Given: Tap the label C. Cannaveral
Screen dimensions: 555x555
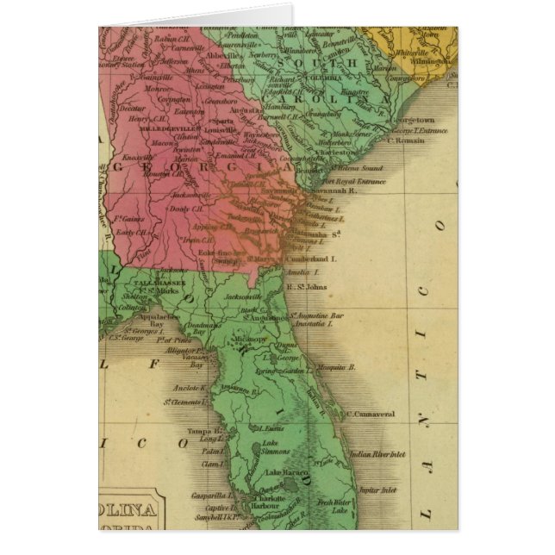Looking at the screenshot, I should click(371, 414).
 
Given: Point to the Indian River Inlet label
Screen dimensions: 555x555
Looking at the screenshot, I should click(377, 453).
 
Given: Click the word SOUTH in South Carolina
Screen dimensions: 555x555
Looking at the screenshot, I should click(342, 64).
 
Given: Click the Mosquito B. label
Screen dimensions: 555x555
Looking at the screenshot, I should click(338, 366).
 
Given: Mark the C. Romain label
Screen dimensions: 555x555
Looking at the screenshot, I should click(405, 140).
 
